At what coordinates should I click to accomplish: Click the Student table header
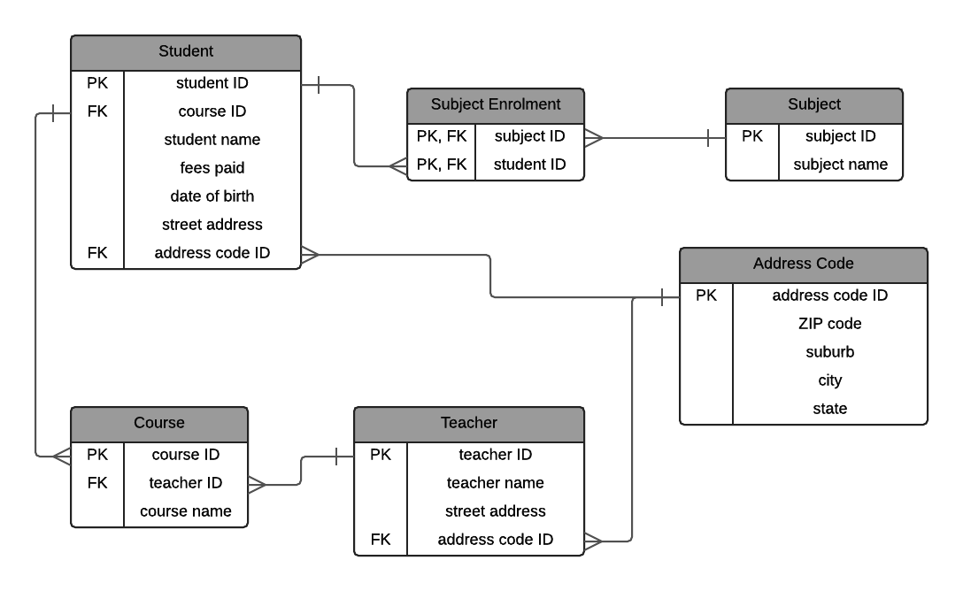click(x=186, y=51)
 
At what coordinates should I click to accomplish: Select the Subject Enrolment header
click(x=496, y=104)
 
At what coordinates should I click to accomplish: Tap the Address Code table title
click(x=804, y=264)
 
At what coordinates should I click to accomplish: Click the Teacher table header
click(x=469, y=423)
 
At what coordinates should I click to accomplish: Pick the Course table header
click(x=159, y=423)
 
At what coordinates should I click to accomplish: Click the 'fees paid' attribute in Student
click(x=212, y=168)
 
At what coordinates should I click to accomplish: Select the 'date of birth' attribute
click(x=212, y=196)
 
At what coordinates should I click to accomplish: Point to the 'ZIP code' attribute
click(x=830, y=324)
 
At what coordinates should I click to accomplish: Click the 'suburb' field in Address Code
click(x=830, y=352)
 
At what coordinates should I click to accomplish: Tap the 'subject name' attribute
click(x=841, y=165)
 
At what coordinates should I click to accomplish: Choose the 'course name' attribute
click(x=186, y=511)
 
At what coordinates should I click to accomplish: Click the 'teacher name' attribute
click(x=496, y=483)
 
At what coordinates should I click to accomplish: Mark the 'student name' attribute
click(x=212, y=140)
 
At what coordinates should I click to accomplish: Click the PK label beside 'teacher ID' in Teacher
click(x=381, y=455)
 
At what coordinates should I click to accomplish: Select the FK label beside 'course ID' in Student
click(x=97, y=111)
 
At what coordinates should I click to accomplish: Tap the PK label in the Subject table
click(x=752, y=136)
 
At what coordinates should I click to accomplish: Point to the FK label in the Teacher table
click(x=381, y=540)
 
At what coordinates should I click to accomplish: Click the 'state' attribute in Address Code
click(x=830, y=409)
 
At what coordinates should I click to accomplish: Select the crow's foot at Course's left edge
click(x=61, y=457)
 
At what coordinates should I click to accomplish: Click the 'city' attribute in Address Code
click(x=830, y=380)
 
